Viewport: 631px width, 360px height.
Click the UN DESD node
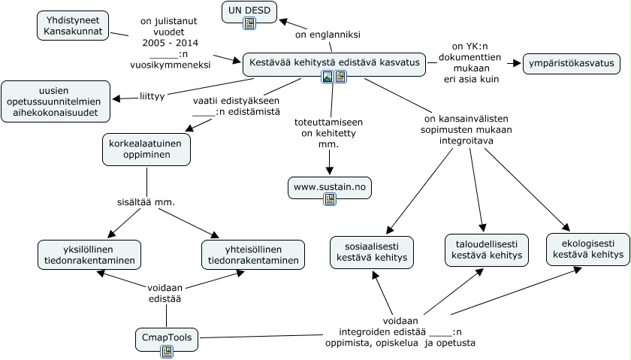click(x=249, y=11)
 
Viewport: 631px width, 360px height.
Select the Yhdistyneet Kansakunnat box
click(x=73, y=26)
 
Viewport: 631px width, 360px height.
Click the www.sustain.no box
click(x=329, y=187)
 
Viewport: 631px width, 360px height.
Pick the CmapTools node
click(x=167, y=338)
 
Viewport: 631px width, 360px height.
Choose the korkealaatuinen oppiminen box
click(x=146, y=149)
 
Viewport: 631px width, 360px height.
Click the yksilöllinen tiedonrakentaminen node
click(x=89, y=255)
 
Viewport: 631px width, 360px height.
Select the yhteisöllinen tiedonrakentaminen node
click(x=253, y=255)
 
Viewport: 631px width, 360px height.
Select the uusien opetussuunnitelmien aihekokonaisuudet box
click(x=56, y=101)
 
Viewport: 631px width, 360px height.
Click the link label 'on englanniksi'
click(x=328, y=35)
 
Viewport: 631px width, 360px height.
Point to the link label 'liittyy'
click(x=152, y=96)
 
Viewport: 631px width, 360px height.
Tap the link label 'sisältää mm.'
click(x=147, y=201)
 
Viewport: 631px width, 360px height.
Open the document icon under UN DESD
click(x=249, y=23)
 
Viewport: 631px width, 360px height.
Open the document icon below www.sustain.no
click(x=329, y=199)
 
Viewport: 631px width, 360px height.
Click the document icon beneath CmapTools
click(x=167, y=351)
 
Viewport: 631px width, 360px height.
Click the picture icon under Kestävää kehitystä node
click(x=327, y=77)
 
